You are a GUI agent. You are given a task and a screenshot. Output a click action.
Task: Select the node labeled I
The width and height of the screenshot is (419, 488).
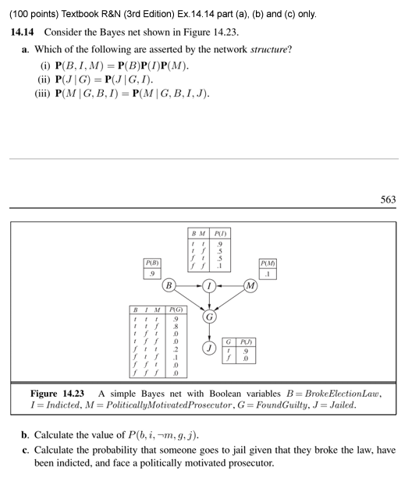point(208,285)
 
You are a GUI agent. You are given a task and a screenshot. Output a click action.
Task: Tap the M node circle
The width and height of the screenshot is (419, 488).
point(250,285)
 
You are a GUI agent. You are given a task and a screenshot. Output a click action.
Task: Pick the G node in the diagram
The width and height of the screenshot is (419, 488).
point(208,317)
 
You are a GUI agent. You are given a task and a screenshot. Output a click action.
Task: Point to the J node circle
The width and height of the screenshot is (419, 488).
point(208,347)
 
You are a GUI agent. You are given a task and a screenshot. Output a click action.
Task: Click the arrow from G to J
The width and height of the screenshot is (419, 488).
point(208,333)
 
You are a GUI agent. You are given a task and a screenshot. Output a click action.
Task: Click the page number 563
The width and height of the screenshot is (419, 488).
point(388,200)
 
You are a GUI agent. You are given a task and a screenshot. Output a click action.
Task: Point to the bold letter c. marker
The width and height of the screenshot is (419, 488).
point(26,450)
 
